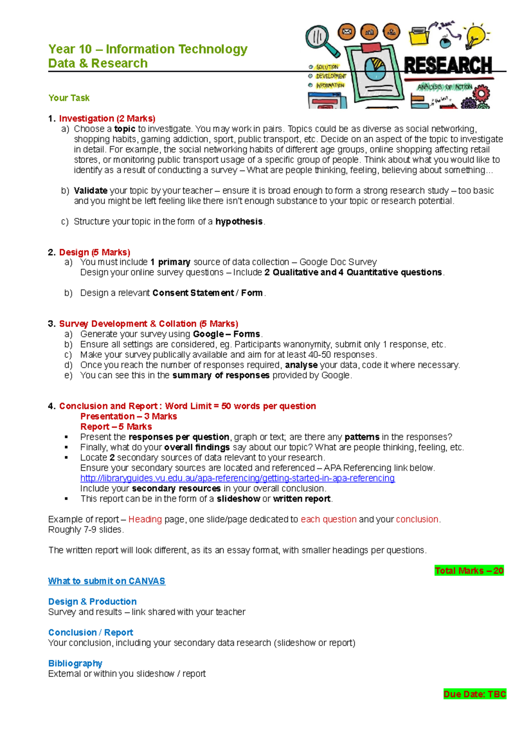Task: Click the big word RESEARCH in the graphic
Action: (x=448, y=66)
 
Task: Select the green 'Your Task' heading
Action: (x=69, y=98)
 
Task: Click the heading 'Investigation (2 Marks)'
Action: (x=107, y=118)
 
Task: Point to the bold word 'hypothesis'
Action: (x=239, y=221)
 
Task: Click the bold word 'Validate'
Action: (x=91, y=190)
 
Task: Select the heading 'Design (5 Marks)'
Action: (x=95, y=252)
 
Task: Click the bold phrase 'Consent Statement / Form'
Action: (x=208, y=293)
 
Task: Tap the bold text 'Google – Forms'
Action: (x=227, y=334)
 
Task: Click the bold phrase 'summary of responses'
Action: (x=221, y=375)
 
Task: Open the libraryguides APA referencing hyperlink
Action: (x=237, y=478)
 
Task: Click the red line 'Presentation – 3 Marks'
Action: (x=128, y=416)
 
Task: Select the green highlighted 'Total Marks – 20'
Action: (x=469, y=570)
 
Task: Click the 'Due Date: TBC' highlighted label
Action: (x=474, y=694)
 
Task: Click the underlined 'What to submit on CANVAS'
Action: (x=107, y=581)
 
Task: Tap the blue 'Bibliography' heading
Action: (x=75, y=663)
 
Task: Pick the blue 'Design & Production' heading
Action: (x=92, y=601)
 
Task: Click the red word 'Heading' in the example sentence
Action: (x=145, y=519)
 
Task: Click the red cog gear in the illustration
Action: (x=481, y=94)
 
